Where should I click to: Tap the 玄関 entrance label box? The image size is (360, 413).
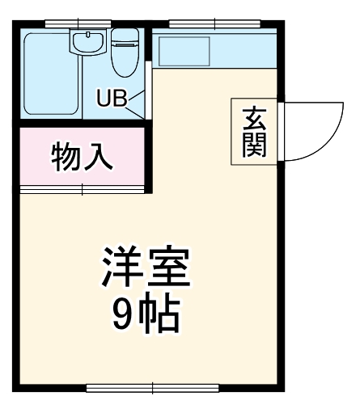tap(250, 132)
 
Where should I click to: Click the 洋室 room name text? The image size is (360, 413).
tap(145, 270)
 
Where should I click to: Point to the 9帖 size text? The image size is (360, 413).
tap(145, 316)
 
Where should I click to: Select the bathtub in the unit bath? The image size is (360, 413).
tap(51, 74)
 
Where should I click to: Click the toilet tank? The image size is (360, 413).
tap(125, 36)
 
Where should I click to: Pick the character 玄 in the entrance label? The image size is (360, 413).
tap(250, 117)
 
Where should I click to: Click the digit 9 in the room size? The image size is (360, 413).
tap(124, 317)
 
